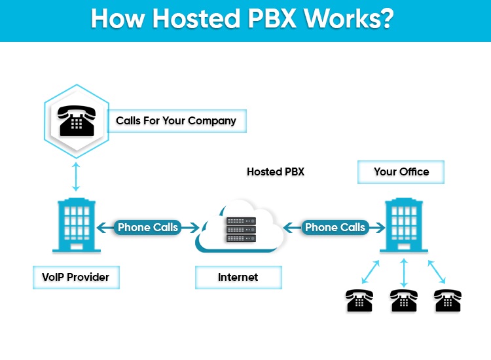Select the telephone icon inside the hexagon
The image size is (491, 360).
76,120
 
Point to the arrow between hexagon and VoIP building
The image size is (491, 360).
76,176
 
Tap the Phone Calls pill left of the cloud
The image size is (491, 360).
147,228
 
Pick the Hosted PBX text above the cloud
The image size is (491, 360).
275,172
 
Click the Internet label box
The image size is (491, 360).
238,278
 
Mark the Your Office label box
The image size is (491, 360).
401,172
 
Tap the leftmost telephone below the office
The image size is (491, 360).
359,300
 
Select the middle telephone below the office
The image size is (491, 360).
404,300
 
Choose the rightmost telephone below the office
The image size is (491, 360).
448,300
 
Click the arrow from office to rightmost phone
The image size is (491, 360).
437,272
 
